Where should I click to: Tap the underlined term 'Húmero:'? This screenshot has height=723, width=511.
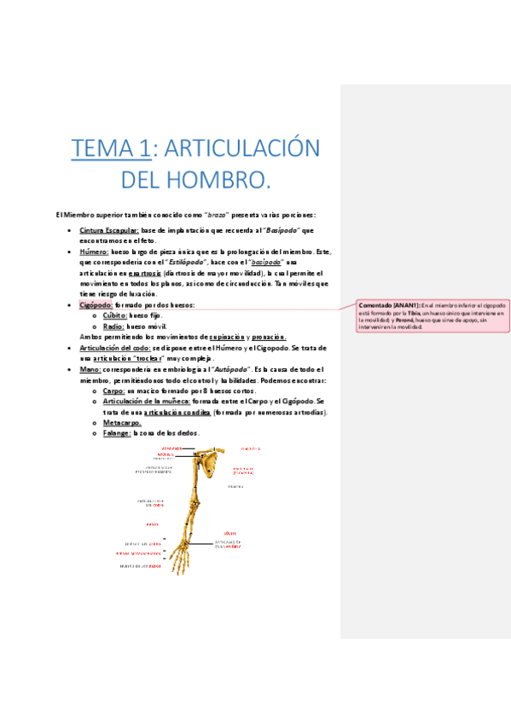(x=94, y=252)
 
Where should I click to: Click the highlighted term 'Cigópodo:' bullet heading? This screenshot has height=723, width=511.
(x=96, y=305)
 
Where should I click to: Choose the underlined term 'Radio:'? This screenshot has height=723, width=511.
(x=113, y=327)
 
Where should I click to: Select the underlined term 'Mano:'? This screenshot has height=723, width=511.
(x=90, y=369)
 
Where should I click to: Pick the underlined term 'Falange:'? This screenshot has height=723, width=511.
(x=116, y=433)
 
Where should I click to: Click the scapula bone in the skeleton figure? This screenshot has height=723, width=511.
(x=209, y=465)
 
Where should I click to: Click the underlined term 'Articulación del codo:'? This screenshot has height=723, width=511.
(x=114, y=348)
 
